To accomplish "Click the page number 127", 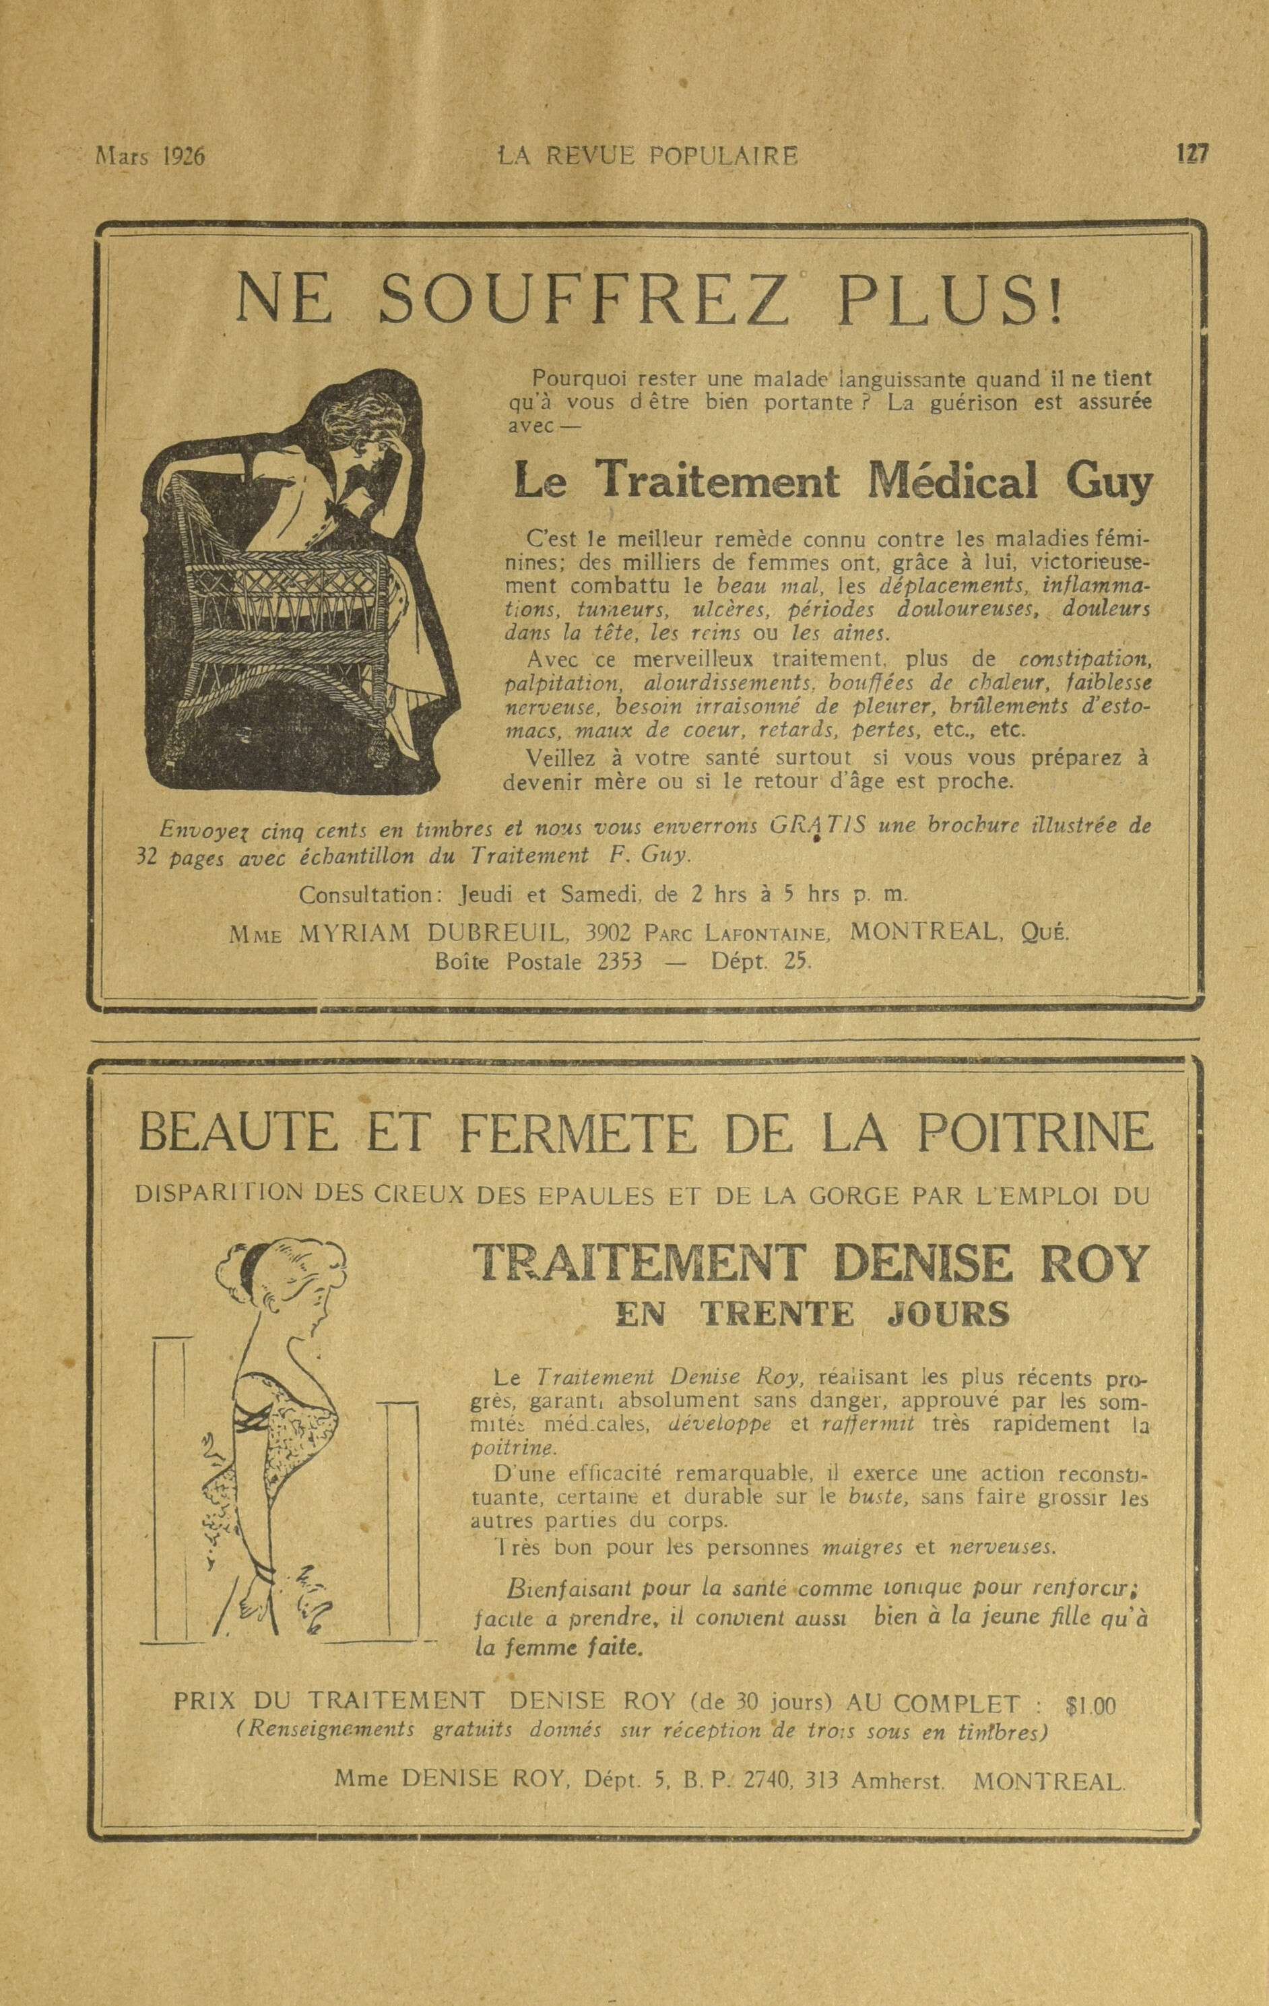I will tap(1192, 155).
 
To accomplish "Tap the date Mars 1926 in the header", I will tap(151, 157).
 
